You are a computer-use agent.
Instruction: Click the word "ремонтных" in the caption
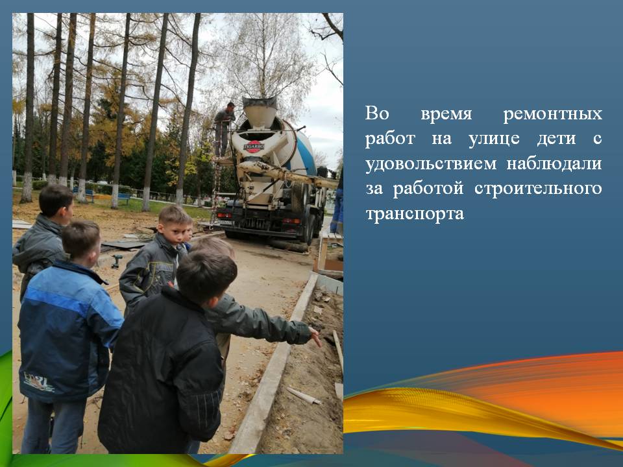553,114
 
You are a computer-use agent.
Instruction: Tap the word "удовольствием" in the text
431,164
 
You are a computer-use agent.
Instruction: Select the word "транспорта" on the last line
415,214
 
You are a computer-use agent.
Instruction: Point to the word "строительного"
538,189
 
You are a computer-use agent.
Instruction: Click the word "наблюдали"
554,163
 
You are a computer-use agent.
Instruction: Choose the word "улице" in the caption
494,139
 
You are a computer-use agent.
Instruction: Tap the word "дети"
556,139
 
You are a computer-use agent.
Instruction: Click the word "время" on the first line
446,114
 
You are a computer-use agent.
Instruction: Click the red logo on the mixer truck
253,147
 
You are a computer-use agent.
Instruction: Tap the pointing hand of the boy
315,337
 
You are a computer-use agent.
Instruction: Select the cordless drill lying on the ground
117,261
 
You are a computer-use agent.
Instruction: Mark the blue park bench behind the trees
123,197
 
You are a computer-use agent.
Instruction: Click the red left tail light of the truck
225,215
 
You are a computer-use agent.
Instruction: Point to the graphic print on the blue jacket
39,381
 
